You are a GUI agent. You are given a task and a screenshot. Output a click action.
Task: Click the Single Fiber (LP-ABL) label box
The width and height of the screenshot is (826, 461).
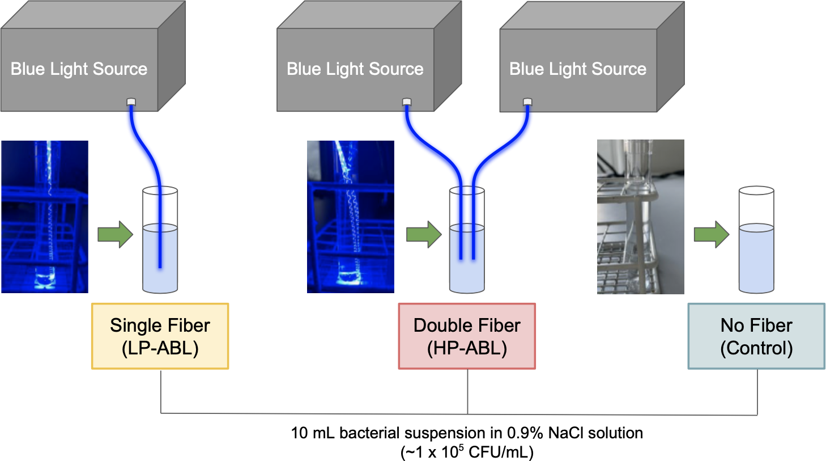[x=160, y=336]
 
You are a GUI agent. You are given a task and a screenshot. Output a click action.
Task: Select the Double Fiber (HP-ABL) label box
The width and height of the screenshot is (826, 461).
[x=467, y=336]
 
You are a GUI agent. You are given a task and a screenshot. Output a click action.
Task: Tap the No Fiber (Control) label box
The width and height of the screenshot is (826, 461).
[x=756, y=336]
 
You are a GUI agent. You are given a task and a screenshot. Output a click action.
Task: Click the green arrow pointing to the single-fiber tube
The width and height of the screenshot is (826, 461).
[x=115, y=234]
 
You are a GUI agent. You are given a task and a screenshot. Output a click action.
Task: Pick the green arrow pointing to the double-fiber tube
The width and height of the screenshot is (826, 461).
[x=424, y=234]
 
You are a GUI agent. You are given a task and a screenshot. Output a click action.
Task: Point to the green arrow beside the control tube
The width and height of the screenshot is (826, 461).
[x=712, y=234]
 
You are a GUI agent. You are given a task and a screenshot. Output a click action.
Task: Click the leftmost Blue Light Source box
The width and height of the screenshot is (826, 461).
[x=79, y=69]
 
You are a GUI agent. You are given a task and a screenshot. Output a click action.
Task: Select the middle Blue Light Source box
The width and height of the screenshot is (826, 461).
[x=355, y=69]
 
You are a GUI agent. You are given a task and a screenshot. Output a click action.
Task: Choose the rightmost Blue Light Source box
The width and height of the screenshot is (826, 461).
[x=578, y=69]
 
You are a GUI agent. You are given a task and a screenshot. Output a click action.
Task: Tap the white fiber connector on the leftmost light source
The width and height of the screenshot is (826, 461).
[x=131, y=102]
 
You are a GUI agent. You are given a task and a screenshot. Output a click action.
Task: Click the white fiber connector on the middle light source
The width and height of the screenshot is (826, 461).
[x=407, y=102]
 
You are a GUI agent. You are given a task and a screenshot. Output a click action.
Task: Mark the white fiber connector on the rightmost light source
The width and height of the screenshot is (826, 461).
[x=527, y=102]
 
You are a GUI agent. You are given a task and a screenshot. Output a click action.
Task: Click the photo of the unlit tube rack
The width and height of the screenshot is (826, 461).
[x=641, y=217]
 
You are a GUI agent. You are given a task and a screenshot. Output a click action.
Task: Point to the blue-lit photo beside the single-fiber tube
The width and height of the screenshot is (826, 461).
[x=45, y=217]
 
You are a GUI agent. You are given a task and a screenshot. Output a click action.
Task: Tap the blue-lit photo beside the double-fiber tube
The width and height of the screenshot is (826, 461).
[x=351, y=217]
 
